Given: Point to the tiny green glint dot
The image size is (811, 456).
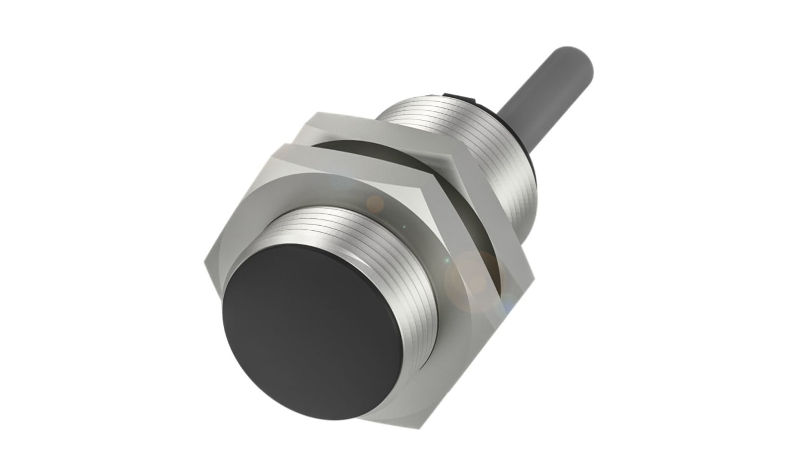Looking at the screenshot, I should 404,227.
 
